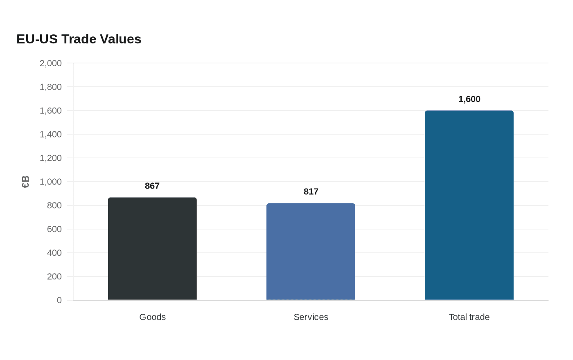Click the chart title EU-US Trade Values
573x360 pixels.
click(x=79, y=39)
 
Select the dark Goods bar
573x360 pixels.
click(x=152, y=249)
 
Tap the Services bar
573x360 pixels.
click(x=311, y=252)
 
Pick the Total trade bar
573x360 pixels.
click(x=469, y=205)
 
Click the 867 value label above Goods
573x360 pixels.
click(x=152, y=186)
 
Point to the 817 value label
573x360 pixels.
click(x=311, y=191)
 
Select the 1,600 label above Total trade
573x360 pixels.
click(x=469, y=99)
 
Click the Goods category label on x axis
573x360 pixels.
click(x=152, y=317)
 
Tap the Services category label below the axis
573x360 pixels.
click(x=311, y=317)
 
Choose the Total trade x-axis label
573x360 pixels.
click(x=469, y=317)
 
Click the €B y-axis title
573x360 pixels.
click(x=25, y=182)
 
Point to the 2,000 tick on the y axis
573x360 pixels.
click(x=51, y=63)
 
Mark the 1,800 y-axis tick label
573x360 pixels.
click(x=51, y=87)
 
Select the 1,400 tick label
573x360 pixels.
click(x=51, y=134)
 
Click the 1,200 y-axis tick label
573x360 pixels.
click(x=51, y=158)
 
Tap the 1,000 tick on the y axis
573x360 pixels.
click(x=51, y=182)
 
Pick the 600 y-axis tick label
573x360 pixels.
click(x=54, y=229)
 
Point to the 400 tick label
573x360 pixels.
click(x=54, y=253)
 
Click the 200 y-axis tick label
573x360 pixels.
click(x=54, y=277)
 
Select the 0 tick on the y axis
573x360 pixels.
click(x=59, y=300)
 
